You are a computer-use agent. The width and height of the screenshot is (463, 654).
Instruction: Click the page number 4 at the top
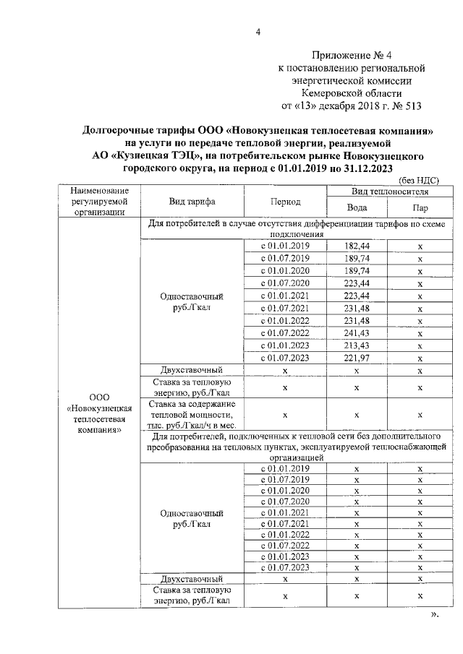pos(257,31)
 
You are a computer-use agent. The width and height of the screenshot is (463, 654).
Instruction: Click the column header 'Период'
pos(285,202)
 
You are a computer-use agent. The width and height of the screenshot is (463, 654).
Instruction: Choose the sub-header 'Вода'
pos(357,208)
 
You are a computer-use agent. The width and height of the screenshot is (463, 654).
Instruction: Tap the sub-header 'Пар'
pos(420,208)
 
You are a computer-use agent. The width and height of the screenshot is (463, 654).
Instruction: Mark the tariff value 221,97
pos(357,357)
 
